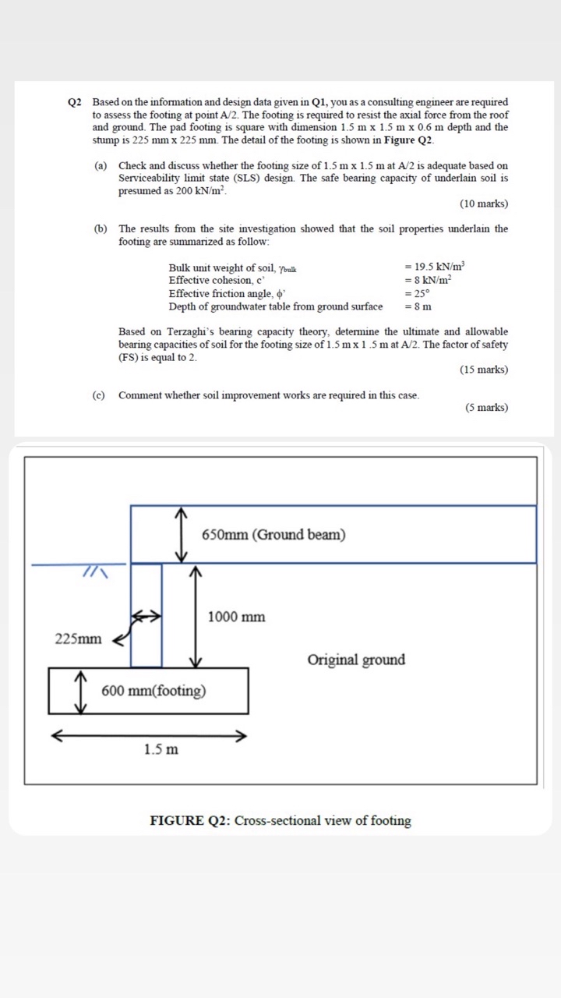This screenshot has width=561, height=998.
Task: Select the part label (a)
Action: point(101,166)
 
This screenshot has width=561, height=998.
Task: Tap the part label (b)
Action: point(101,228)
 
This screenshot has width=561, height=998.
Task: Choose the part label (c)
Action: point(98,395)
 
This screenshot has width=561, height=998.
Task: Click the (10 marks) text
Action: point(484,203)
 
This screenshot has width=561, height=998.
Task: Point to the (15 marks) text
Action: point(484,370)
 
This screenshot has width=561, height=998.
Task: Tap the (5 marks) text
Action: point(486,408)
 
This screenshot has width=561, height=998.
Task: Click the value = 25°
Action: point(417,293)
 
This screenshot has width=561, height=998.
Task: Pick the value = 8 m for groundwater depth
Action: point(418,306)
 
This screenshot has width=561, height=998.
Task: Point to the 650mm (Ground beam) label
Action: point(273,534)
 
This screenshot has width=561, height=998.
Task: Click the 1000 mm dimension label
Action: point(236,617)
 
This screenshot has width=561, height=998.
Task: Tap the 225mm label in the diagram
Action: point(78,639)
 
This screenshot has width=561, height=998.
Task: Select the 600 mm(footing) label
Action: point(153,691)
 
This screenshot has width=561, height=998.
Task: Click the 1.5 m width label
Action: point(161,749)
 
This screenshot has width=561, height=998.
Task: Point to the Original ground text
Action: point(356,660)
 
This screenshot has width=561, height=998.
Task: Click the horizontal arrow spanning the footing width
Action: point(149,735)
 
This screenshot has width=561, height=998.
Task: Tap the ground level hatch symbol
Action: point(95,573)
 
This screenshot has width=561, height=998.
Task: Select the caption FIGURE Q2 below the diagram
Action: point(280,820)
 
